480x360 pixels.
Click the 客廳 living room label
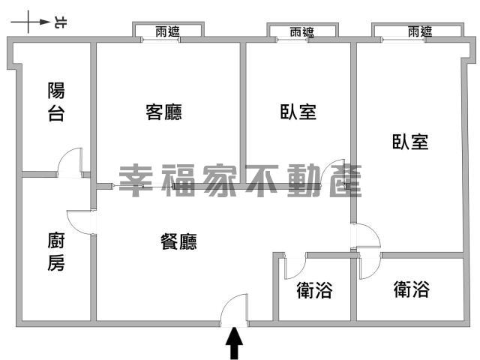(163, 112)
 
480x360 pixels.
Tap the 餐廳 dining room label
(178, 241)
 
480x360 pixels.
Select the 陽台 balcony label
(56, 102)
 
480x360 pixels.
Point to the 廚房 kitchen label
(56, 252)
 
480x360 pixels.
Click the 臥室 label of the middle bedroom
(298, 112)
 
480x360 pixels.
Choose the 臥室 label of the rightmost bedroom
(410, 142)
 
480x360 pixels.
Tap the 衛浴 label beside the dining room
(314, 290)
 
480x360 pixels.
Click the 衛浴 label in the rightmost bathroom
(412, 289)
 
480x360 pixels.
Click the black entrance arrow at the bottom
(234, 343)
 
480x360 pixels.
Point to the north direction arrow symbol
(30, 22)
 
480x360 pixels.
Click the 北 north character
(61, 22)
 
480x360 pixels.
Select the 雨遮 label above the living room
(167, 31)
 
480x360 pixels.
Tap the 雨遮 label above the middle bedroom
(302, 31)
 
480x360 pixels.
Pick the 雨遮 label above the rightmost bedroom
(420, 31)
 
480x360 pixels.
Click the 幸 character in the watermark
(135, 181)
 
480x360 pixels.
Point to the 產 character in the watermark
(346, 181)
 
